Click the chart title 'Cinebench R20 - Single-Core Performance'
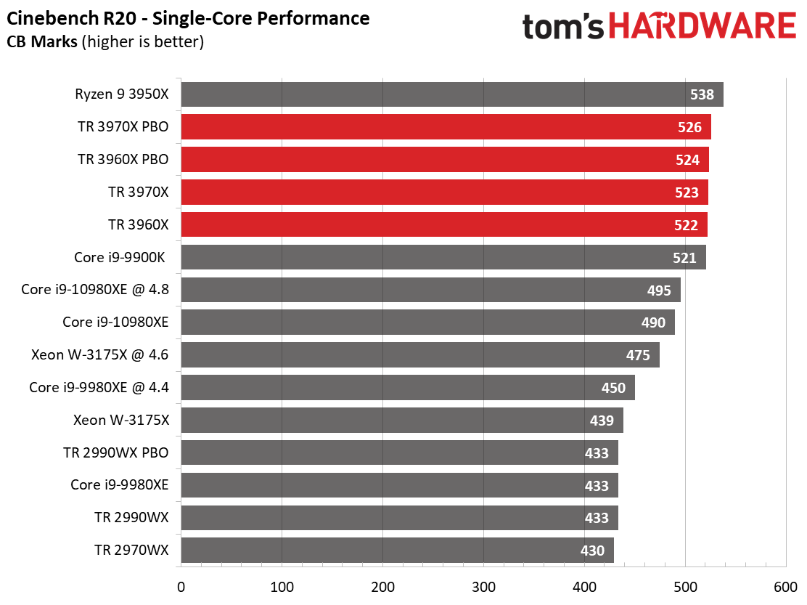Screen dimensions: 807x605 point(188,19)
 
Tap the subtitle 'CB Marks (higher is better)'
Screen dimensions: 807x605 point(105,41)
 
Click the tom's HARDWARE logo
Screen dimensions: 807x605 point(659,26)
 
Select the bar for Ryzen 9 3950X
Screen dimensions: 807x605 point(452,94)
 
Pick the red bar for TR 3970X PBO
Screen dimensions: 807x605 point(446,126)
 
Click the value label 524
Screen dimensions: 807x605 point(687,160)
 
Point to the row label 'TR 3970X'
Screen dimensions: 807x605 point(139,192)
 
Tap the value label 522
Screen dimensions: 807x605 point(686,226)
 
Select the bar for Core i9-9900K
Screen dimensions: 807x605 point(443,257)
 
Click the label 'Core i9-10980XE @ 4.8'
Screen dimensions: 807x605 point(94,289)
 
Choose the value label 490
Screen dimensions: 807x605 point(653,323)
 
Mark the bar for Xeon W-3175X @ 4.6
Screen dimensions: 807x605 point(420,354)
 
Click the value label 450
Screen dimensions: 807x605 point(613,388)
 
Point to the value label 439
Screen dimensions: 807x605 point(602,421)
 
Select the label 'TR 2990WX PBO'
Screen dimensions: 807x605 point(116,452)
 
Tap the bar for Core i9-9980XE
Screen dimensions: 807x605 point(399,485)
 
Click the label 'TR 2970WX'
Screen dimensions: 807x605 point(131,550)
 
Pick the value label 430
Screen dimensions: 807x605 point(592,551)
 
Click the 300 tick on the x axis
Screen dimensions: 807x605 point(484,587)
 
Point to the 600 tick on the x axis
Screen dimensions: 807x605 point(786,587)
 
